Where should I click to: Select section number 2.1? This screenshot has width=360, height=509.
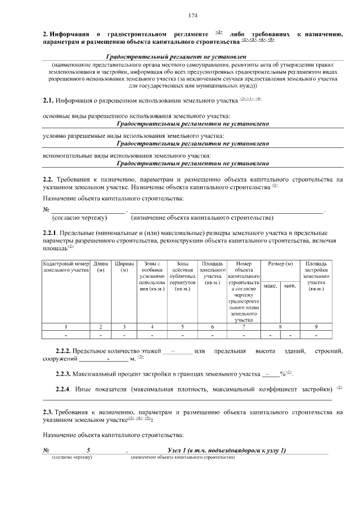click(x=48, y=101)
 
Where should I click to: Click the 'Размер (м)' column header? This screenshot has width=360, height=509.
click(x=281, y=263)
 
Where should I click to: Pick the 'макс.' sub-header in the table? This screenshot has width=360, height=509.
click(x=271, y=286)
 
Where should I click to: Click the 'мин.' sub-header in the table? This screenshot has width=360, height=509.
click(x=290, y=286)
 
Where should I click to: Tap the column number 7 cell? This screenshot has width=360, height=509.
click(x=244, y=326)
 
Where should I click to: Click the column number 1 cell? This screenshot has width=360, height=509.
click(x=66, y=326)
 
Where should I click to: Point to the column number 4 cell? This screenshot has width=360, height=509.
click(x=152, y=326)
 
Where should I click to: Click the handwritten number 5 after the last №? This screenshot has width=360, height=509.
click(x=88, y=450)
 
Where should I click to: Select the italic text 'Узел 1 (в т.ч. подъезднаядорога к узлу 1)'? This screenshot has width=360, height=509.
click(x=227, y=450)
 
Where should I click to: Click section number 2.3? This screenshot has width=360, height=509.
click(x=48, y=412)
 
